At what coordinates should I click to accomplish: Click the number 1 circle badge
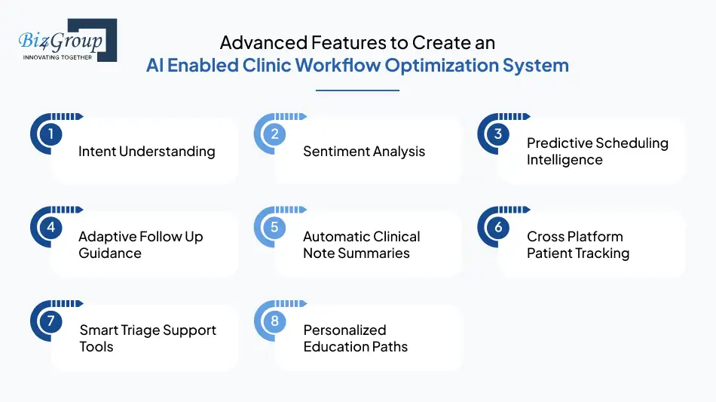tap(50, 134)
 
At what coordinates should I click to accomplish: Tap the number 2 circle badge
tap(274, 134)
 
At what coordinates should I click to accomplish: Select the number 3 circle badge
tap(498, 134)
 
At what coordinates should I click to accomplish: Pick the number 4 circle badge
tap(50, 227)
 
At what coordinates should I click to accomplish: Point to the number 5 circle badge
tap(274, 227)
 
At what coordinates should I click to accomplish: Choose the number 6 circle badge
tap(498, 227)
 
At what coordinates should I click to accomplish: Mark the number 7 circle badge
tap(50, 321)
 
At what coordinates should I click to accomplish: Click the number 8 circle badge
tap(274, 321)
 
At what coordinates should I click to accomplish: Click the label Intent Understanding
tap(146, 152)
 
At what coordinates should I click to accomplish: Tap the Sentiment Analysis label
tap(364, 152)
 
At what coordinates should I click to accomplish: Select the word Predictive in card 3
tap(559, 143)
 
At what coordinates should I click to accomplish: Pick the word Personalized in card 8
tap(344, 330)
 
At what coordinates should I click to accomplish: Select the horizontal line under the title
tap(357, 91)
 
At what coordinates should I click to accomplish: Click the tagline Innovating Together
tap(58, 57)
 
